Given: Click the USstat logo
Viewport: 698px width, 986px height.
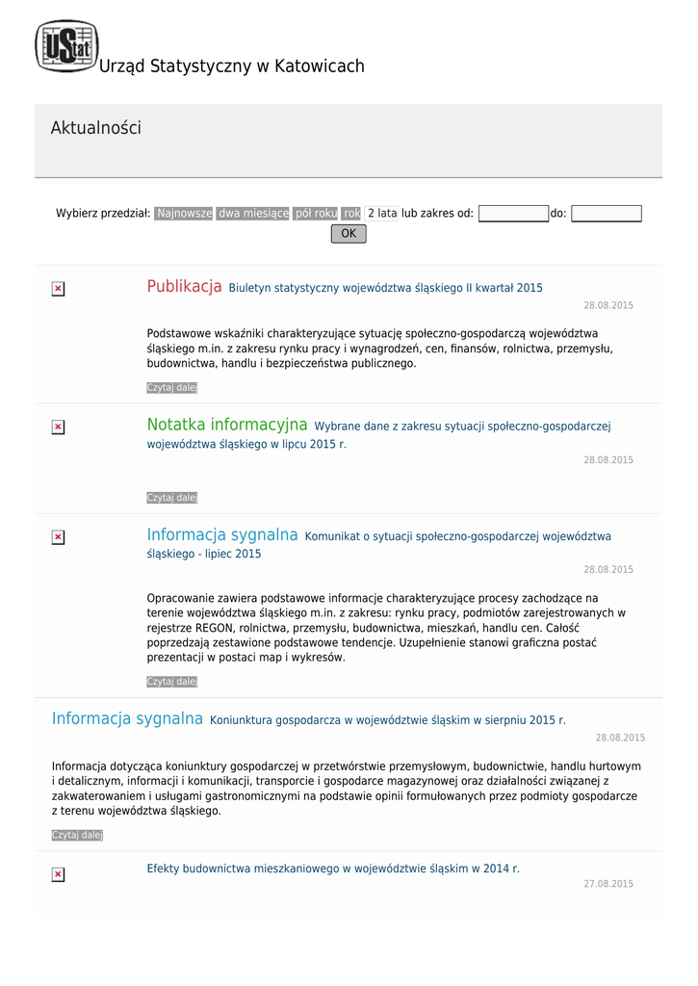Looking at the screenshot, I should [x=66, y=46].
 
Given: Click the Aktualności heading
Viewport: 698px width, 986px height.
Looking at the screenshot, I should [x=95, y=128].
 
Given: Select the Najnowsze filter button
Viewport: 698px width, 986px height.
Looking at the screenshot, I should [x=184, y=213].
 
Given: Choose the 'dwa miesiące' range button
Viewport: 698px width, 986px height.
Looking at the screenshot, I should [x=253, y=213].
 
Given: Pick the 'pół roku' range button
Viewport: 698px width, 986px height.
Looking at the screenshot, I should [x=316, y=213].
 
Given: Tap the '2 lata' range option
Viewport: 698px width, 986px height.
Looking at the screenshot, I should [x=382, y=213].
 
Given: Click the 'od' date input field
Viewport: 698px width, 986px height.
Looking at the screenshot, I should [x=513, y=214].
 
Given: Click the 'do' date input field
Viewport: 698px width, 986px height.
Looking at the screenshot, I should [x=606, y=214].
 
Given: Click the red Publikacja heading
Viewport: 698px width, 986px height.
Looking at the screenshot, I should [x=185, y=287].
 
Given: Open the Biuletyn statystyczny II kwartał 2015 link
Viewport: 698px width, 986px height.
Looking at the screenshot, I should [x=385, y=288].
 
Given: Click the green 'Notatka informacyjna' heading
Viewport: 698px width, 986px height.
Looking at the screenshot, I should [x=227, y=425].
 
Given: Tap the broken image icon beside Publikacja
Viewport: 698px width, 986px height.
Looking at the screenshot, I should [x=58, y=289].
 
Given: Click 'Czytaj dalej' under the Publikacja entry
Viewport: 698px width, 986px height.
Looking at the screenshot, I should [x=171, y=387].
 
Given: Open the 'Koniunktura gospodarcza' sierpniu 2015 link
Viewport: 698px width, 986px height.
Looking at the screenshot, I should [x=388, y=720].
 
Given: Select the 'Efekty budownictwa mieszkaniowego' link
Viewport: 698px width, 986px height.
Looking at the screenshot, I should [x=333, y=869].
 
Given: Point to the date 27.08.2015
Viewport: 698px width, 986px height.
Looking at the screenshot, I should [x=608, y=884].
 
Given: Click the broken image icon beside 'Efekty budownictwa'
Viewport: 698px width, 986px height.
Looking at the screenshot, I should [x=58, y=874].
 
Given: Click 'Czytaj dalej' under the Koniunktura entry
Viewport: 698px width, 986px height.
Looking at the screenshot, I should [x=77, y=835].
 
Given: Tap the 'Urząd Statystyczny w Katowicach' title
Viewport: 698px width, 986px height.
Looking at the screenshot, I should [x=232, y=66].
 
